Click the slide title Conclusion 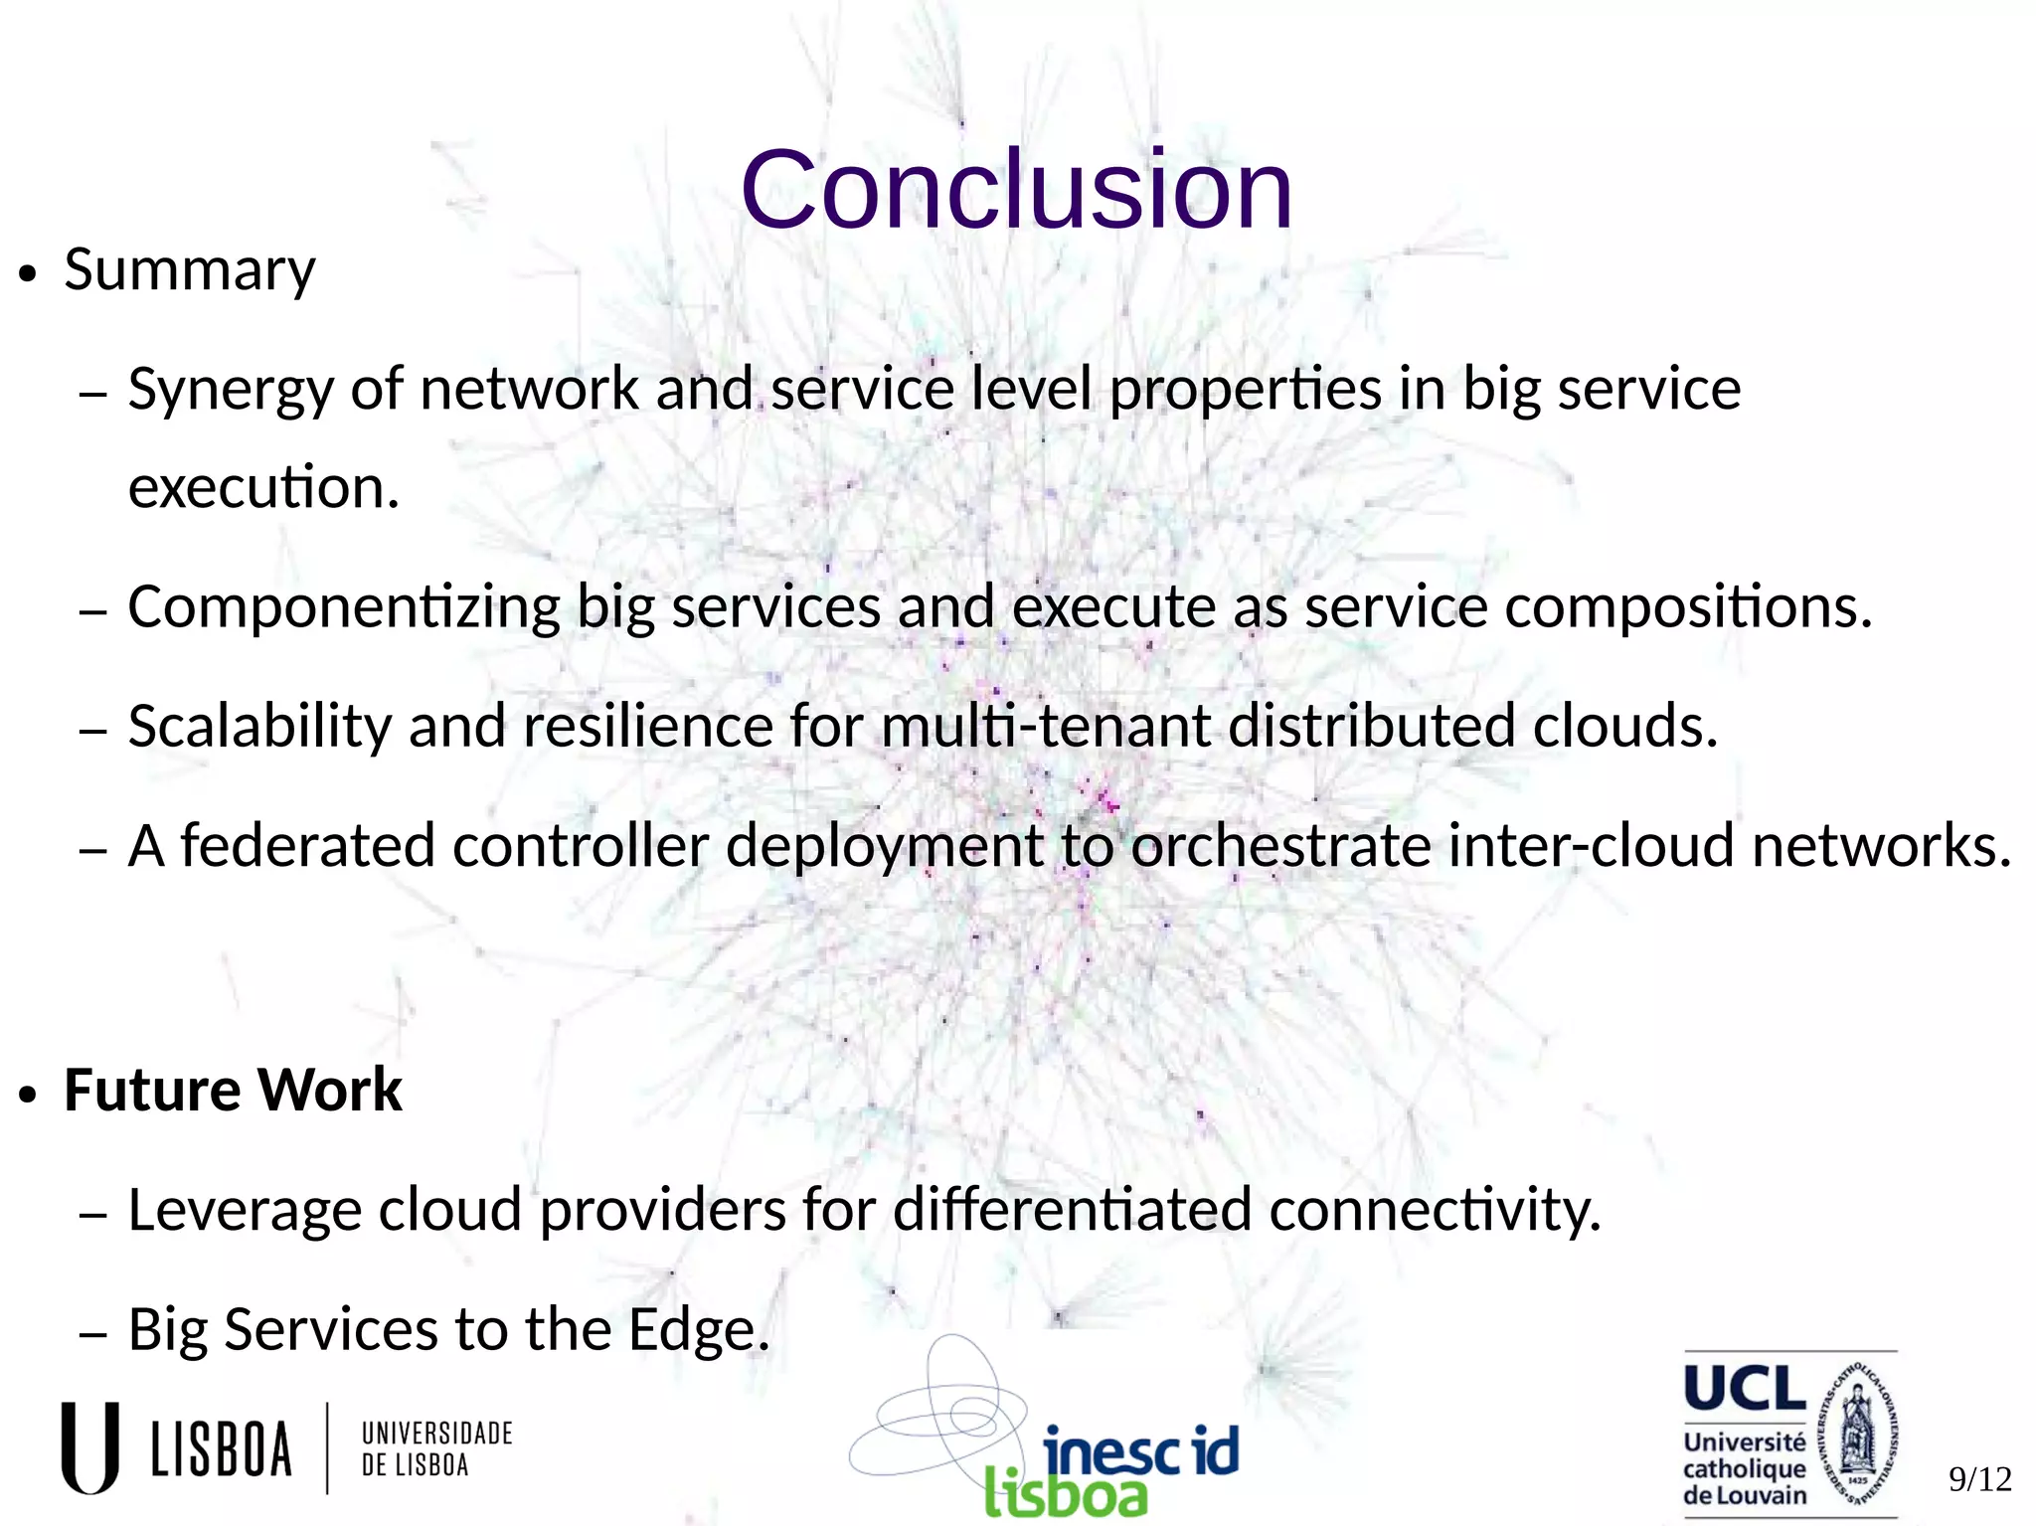pyautogui.click(x=1016, y=189)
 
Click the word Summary pyautogui.click(x=190, y=270)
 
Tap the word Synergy pyautogui.click(x=230, y=390)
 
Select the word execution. pyautogui.click(x=263, y=488)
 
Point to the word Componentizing pyautogui.click(x=344, y=607)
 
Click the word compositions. pyautogui.click(x=1687, y=607)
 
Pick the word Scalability pyautogui.click(x=260, y=727)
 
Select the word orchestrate pyautogui.click(x=1280, y=846)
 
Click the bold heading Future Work pyautogui.click(x=233, y=1091)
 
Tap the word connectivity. pyautogui.click(x=1435, y=1211)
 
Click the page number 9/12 pyautogui.click(x=1979, y=1479)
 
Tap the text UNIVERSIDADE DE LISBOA pyautogui.click(x=436, y=1448)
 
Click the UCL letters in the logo pyautogui.click(x=1745, y=1389)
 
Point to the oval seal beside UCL pyautogui.click(x=1857, y=1432)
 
